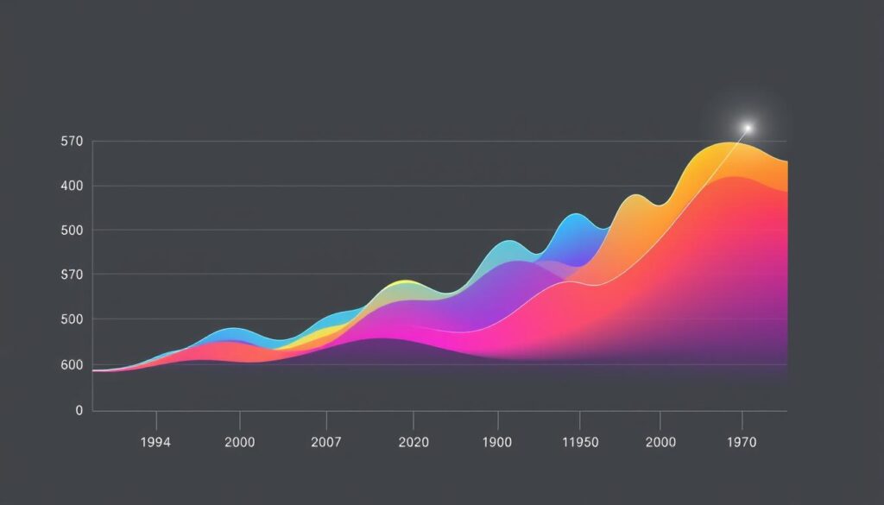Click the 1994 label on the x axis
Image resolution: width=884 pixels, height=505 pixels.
point(156,443)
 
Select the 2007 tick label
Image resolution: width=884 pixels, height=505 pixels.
point(326,443)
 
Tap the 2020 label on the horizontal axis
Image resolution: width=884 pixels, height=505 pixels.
point(414,443)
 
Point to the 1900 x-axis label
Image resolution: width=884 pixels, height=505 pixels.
point(497,443)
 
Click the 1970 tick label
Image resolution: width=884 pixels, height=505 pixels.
point(742,443)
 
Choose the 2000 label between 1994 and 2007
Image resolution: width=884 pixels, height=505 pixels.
point(239,443)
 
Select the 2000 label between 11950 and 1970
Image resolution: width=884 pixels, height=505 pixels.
point(660,443)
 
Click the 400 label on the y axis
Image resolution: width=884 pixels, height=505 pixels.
point(72,186)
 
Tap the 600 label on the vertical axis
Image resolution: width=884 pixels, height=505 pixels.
point(72,365)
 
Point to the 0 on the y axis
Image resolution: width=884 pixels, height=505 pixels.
point(79,410)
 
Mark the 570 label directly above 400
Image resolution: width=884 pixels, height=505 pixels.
point(72,141)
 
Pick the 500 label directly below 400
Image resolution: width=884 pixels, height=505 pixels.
point(72,230)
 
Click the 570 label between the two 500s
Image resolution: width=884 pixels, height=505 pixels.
point(72,275)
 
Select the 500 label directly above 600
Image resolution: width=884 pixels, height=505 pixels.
point(72,319)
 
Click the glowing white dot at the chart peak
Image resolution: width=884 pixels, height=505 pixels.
point(748,128)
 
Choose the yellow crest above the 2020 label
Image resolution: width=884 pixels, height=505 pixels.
point(402,282)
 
